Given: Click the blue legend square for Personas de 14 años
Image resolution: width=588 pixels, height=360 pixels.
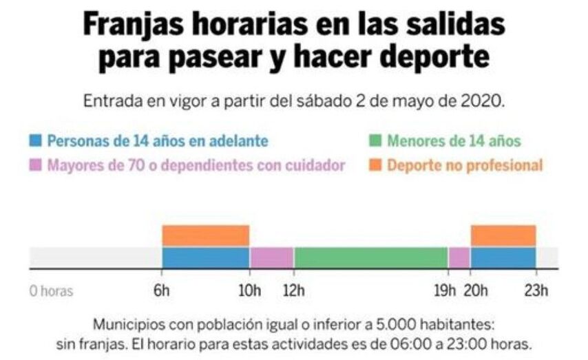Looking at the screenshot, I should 35,142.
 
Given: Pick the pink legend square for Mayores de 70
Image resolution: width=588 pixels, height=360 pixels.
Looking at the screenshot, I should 35,165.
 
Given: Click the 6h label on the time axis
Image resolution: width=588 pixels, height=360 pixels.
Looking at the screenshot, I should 162,290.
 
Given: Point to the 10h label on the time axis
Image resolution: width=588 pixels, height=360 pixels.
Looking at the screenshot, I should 249,290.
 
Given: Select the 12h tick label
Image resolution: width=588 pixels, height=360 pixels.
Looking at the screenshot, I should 295,290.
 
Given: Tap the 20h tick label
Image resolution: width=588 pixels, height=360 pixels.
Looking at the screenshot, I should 472,290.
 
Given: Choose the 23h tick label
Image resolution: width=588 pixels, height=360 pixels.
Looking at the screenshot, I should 536,290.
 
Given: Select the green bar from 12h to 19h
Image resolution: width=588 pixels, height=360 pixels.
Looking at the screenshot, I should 371,257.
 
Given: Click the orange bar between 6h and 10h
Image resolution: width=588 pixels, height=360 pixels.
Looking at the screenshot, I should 205,235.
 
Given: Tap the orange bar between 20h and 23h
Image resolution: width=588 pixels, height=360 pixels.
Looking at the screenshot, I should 503,235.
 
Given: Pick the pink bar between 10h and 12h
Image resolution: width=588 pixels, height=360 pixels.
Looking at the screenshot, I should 271,257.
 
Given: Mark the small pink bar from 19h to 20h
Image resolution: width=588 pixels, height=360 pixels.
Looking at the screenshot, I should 459,257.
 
